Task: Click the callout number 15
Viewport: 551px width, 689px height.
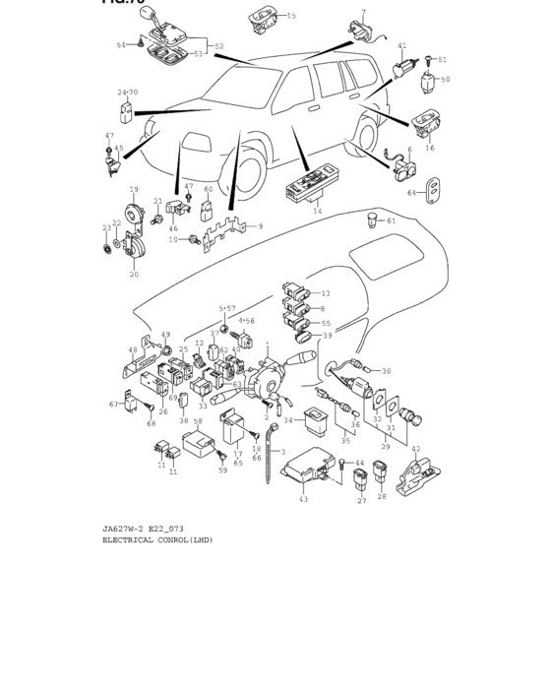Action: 291,17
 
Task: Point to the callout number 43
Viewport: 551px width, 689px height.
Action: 303,500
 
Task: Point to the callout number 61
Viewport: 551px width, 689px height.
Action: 391,221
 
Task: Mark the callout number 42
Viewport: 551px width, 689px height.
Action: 415,449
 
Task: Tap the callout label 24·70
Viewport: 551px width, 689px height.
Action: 128,93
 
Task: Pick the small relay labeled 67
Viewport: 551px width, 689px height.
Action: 130,403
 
